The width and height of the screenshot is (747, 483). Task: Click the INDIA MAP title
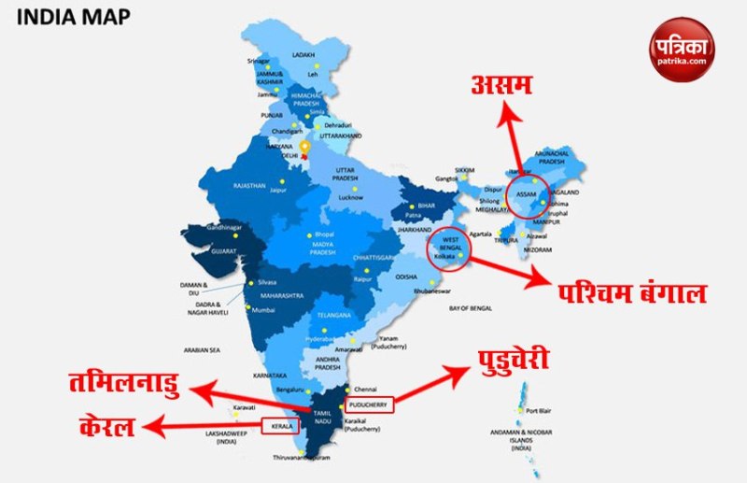coord(74,17)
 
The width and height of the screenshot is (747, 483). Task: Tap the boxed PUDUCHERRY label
coord(369,405)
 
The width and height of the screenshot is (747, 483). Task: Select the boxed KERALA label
coord(279,426)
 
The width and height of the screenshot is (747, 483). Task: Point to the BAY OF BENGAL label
coord(471,307)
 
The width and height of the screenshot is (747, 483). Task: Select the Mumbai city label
coord(263,309)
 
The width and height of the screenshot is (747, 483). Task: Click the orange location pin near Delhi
coord(304,149)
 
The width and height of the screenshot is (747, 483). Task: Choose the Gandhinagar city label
coord(223,227)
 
